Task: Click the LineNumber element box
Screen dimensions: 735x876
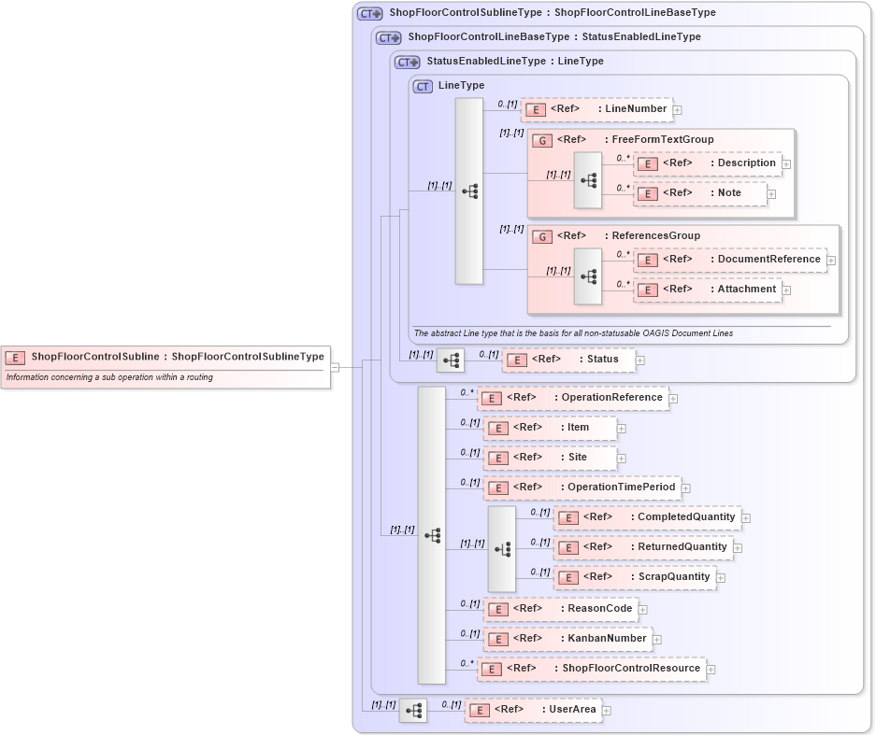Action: [596, 109]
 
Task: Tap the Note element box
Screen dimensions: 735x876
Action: [700, 193]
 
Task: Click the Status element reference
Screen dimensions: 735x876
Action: [568, 360]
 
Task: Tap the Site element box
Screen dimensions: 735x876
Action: [550, 458]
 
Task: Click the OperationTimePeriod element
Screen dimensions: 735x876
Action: [582, 488]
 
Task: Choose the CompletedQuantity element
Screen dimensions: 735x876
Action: [647, 517]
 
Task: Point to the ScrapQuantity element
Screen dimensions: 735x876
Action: [636, 577]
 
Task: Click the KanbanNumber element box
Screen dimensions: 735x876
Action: [567, 639]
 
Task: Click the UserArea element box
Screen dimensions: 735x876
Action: [533, 710]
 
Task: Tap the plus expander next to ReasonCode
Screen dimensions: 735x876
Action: [643, 610]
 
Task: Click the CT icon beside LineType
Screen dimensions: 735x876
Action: [423, 86]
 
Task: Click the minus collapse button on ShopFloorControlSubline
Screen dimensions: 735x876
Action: [335, 367]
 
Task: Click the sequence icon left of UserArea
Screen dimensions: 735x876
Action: [413, 711]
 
